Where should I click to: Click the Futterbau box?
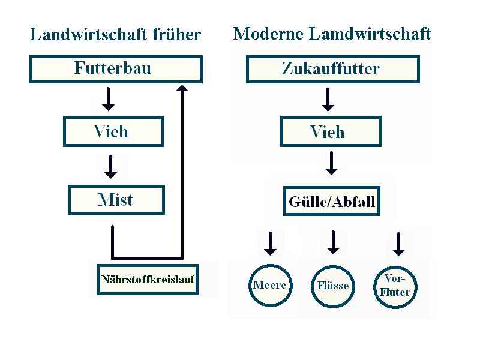[x=115, y=68]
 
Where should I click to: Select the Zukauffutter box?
[x=332, y=69]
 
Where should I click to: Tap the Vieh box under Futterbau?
[x=113, y=131]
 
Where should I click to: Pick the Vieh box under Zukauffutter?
[x=330, y=132]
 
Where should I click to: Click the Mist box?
[x=116, y=200]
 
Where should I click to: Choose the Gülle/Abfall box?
[x=332, y=201]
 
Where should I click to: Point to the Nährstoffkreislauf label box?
[x=148, y=280]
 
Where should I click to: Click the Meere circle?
[x=270, y=285]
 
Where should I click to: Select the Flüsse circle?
[x=333, y=286]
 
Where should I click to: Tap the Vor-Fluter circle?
[x=395, y=286]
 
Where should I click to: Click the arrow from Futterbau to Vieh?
[x=108, y=99]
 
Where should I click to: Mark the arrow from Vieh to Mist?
[x=110, y=167]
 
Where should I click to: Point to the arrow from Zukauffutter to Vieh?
[x=328, y=100]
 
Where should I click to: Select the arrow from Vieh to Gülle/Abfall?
[x=331, y=163]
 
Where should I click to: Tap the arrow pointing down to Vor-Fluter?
[x=398, y=244]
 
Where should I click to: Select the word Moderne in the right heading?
[x=268, y=34]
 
